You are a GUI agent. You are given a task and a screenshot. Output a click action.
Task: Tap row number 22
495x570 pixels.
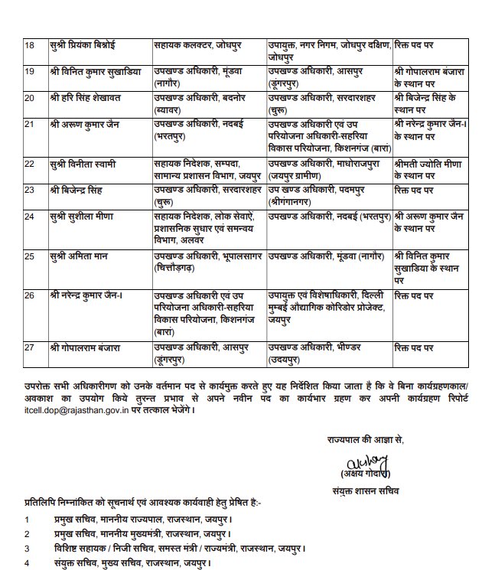coord(30,164)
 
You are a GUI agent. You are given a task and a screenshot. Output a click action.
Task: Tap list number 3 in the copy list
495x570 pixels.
coord(27,549)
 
